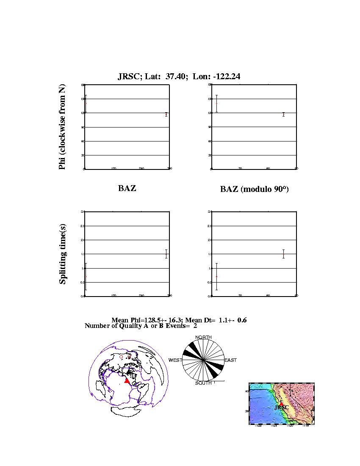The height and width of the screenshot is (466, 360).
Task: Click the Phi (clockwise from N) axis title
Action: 62,127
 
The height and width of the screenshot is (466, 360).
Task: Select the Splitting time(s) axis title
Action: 63,255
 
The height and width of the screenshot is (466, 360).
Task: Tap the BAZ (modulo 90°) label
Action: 254,189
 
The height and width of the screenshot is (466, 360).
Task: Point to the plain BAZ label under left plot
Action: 127,189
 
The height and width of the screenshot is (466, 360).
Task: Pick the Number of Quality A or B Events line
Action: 141,326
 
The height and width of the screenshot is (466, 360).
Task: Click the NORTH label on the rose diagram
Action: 203,337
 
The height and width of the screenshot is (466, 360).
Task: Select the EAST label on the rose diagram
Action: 230,360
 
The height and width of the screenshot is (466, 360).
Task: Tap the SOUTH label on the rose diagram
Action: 203,383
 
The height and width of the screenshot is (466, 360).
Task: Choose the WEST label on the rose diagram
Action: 175,360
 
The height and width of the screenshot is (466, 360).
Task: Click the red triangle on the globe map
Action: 127,380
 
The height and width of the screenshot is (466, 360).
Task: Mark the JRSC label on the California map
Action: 282,408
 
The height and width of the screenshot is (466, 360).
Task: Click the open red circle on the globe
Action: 121,357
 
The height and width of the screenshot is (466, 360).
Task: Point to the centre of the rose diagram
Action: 203,360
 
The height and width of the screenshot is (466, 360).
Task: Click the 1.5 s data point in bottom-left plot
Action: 166,254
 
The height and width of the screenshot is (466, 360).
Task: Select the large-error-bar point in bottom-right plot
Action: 216,277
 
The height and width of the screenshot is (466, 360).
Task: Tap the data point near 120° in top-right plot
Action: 283,114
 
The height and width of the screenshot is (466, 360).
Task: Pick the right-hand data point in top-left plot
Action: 166,114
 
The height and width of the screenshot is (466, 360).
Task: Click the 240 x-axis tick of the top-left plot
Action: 141,169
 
